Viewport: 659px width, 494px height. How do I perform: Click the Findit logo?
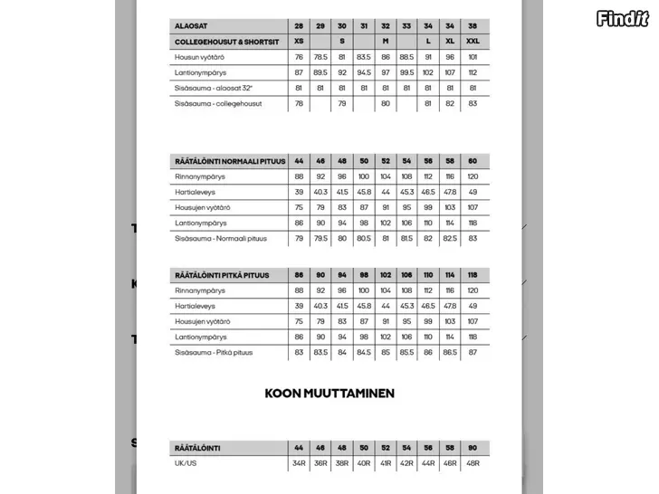623,18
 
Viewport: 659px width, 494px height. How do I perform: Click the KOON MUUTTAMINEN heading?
329,394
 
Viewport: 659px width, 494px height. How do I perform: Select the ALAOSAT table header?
192,26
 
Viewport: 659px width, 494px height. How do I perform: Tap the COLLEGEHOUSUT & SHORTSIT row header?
224,42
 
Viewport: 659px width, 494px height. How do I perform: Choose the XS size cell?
299,42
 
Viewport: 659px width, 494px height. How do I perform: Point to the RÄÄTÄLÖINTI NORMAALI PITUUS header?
229,161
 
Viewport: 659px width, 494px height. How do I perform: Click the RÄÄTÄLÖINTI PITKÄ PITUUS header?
222,275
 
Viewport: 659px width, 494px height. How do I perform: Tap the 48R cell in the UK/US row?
473,463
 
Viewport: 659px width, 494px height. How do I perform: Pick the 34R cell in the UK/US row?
299,463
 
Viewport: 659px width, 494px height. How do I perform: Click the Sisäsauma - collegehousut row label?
218,104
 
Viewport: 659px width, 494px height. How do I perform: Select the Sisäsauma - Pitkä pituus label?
214,352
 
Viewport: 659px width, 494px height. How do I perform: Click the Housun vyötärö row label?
200,57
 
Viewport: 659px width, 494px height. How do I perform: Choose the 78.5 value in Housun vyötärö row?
320,57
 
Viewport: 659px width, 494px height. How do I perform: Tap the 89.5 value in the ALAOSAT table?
320,72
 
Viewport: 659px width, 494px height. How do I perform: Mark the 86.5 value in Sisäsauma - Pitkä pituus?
451,352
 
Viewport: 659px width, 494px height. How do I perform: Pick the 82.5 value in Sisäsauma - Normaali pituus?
451,239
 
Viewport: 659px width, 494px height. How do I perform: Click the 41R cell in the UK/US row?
386,463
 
